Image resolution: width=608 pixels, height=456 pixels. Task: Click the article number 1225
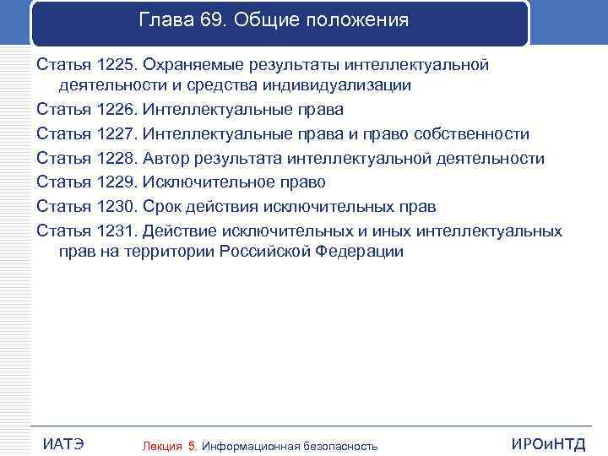pos(116,65)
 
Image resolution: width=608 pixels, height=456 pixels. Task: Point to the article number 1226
pos(116,111)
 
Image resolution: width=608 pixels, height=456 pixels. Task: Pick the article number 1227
pos(116,134)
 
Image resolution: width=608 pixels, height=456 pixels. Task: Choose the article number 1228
pos(116,158)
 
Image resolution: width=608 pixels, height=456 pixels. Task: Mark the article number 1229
pos(116,182)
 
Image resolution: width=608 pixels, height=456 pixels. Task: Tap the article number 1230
pos(116,205)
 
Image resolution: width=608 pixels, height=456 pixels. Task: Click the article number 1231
pos(116,230)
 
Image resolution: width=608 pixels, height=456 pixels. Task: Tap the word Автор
pos(167,158)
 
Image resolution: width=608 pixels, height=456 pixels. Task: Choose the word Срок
pos(164,205)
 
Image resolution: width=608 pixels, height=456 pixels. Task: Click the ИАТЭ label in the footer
pos(62,444)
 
